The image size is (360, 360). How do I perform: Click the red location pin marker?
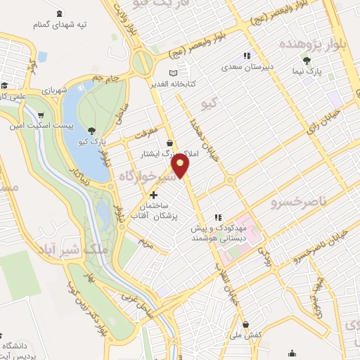click(181, 166)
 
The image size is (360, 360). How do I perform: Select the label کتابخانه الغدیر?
click(174, 84)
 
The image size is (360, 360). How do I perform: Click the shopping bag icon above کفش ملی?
click(245, 324)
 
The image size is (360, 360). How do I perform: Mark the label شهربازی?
click(52, 90)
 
